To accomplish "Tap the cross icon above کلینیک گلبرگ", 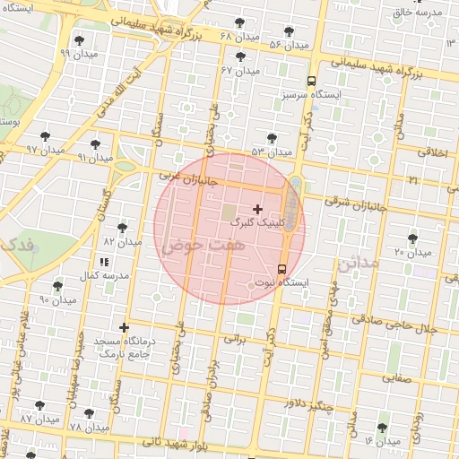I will click(x=258, y=208).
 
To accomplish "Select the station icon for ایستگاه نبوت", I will click(x=282, y=269).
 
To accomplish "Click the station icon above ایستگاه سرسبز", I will click(x=311, y=79).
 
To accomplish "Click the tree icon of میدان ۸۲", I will click(x=123, y=228).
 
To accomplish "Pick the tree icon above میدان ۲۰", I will click(x=412, y=238).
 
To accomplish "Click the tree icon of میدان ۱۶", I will click(x=383, y=428).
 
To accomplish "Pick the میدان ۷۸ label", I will click(x=88, y=427).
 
